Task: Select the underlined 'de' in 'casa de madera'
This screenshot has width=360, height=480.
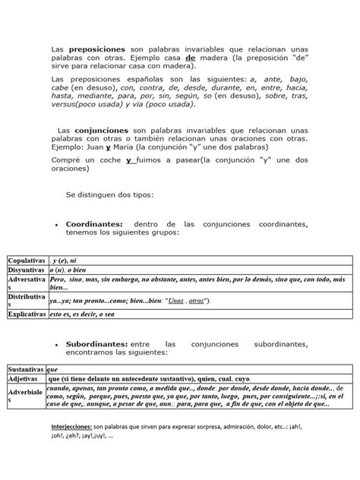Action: coord(169,56)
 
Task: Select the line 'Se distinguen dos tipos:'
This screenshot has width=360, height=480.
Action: coord(109,195)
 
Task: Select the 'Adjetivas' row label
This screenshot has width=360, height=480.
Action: coord(22,377)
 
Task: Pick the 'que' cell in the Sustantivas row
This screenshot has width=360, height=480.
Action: coord(53,367)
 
